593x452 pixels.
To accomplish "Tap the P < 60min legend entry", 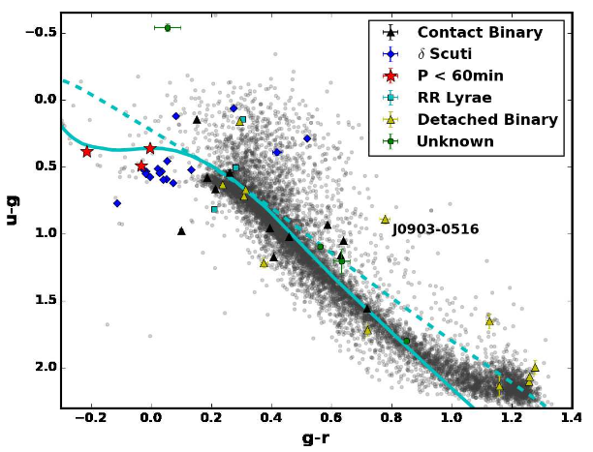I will coord(460,76).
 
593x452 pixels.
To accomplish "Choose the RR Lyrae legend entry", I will coord(453,98).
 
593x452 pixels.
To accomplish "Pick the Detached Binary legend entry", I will coord(486,120).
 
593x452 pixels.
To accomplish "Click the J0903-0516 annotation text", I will coord(435,230).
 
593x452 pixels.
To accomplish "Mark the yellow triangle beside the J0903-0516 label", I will coord(385,219).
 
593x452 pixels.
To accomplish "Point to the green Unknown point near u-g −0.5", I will coord(167,27).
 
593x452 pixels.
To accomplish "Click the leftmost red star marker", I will coord(87,152).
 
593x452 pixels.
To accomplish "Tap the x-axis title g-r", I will coord(315,438).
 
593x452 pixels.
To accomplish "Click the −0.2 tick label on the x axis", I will coord(89,418).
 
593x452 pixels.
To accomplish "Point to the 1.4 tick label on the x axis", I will coord(571,418).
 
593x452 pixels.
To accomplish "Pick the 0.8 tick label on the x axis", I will coord(390,418).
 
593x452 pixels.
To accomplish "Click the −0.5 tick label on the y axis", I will coord(38,33).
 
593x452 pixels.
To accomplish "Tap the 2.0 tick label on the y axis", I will coord(42,368).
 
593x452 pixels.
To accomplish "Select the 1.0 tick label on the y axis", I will coord(42,233).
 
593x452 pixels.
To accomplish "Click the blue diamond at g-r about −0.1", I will coord(117,203).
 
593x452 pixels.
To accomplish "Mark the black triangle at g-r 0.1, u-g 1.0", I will coord(181,230).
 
